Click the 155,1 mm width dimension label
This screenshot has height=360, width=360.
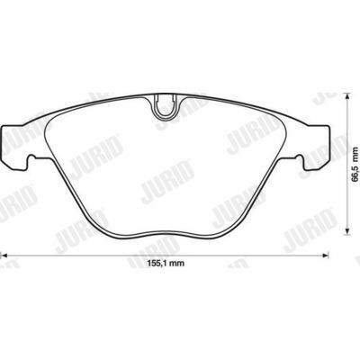click(x=166, y=264)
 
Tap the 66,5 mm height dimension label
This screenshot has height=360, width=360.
click(x=355, y=164)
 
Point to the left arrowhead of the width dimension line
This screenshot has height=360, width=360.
click(x=4, y=256)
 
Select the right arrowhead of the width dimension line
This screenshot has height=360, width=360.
click(x=326, y=256)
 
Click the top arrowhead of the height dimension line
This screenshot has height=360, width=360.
click(x=346, y=96)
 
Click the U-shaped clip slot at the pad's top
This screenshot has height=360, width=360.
click(x=165, y=106)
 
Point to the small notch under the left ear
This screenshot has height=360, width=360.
click(x=31, y=157)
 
